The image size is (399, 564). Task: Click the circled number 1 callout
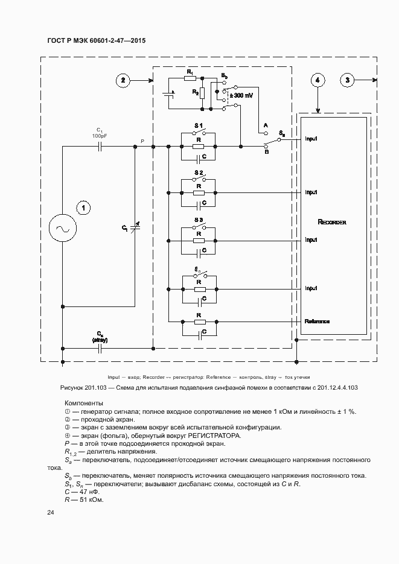coord(84,208)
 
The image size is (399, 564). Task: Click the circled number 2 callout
coord(123,80)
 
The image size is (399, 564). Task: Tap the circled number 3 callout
coord(347,80)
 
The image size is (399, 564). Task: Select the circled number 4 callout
coord(318,80)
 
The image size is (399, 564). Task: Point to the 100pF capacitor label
coord(100,136)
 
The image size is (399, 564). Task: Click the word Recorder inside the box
coord(331,223)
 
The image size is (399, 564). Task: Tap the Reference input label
coord(317,321)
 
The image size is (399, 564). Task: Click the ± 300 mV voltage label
coord(242,96)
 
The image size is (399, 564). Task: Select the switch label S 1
coord(199,125)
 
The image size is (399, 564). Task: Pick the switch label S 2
coord(199,173)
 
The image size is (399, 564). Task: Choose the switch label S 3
coord(199,220)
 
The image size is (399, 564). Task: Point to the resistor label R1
coord(190,72)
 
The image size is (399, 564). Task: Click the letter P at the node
coord(142,141)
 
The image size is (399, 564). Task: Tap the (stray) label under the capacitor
coord(100,340)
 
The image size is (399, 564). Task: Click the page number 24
coord(51,513)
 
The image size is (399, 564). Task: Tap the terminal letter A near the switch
coord(264,125)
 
